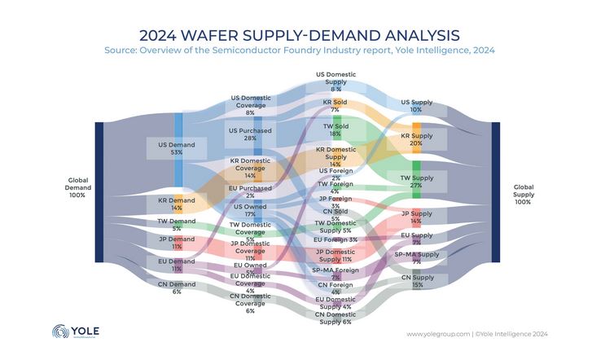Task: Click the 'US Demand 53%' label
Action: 165,148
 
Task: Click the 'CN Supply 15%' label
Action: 416,281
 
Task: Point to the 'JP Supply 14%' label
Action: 416,217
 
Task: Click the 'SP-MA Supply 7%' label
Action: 416,258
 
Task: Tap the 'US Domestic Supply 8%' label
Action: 335,81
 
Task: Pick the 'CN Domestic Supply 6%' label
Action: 335,318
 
